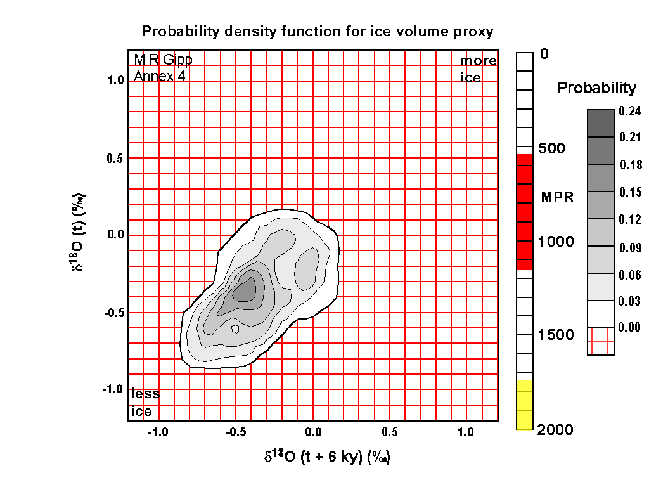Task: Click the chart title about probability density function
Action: [x=318, y=31]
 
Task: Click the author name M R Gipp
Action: [x=162, y=60]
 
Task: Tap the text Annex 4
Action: [x=159, y=77]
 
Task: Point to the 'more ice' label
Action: [x=478, y=69]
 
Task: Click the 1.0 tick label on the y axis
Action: [x=114, y=81]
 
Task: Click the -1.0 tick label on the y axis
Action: [x=112, y=389]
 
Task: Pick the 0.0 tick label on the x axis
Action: [x=313, y=432]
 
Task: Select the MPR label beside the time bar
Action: [x=557, y=198]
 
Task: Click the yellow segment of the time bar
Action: [x=524, y=405]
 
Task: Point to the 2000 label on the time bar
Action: [x=555, y=431]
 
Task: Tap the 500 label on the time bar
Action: [x=552, y=148]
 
